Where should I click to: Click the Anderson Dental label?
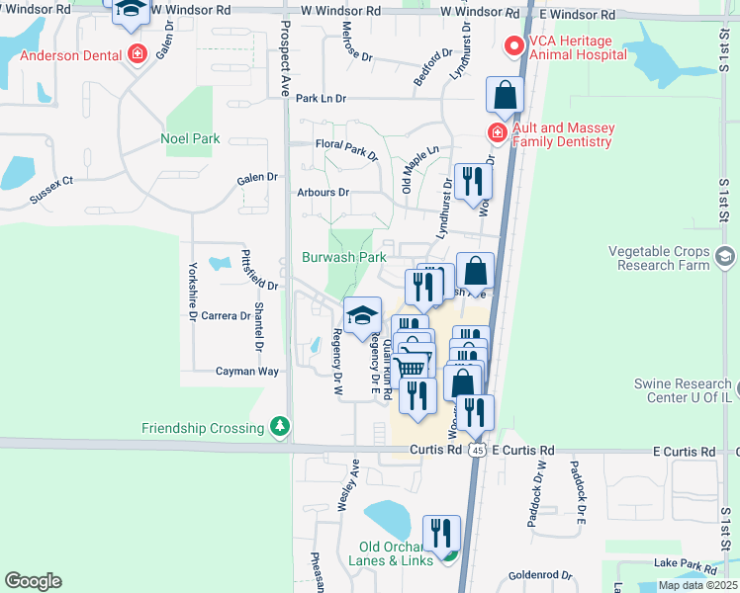point(67,54)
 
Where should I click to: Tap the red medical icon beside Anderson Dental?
point(138,54)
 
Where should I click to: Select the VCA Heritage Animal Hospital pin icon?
point(513,45)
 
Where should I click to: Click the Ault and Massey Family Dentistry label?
point(562,135)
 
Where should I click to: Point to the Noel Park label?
point(190,139)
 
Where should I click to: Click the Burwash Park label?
point(343,257)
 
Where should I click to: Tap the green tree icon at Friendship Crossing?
point(281,427)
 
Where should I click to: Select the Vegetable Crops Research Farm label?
point(659,259)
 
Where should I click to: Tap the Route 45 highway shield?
point(477,450)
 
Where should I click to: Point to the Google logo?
point(33,581)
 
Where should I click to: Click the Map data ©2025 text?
point(696,585)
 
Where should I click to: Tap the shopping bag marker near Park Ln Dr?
point(505,96)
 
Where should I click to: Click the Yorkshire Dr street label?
point(190,293)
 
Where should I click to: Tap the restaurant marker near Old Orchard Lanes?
point(442,534)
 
